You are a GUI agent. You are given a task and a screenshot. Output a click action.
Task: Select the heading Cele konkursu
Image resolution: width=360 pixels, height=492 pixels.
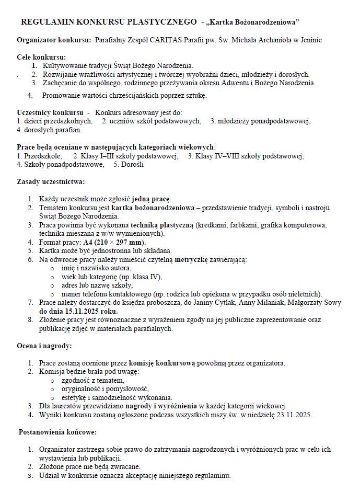41,57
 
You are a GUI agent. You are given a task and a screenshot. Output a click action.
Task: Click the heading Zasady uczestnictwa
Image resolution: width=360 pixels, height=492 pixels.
50,181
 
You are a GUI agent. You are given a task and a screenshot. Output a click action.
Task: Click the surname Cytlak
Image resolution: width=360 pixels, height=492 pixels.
240,302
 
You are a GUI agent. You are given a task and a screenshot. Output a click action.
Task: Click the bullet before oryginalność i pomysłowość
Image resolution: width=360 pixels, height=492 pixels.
52,389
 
